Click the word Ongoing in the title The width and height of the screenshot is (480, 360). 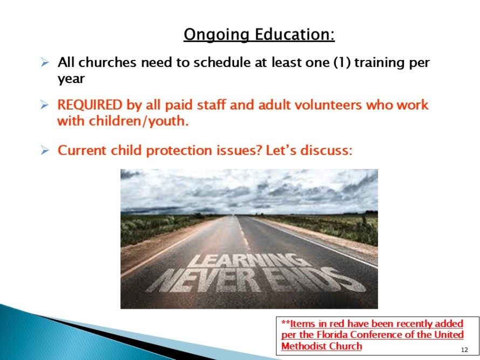pyautogui.click(x=216, y=35)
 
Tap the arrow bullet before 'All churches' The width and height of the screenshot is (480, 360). pyautogui.click(x=45, y=63)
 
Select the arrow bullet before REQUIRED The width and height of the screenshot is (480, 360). pyautogui.click(x=45, y=105)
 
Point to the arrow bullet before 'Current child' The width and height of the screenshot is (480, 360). pyautogui.click(x=45, y=151)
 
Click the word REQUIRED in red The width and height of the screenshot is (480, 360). pyautogui.click(x=90, y=105)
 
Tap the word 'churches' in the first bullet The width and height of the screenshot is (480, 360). pyautogui.click(x=107, y=63)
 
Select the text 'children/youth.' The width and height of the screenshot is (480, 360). pyautogui.click(x=139, y=121)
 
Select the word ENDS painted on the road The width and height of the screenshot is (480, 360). pyautogui.click(x=318, y=280)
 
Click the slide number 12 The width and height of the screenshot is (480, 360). pyautogui.click(x=464, y=350)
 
